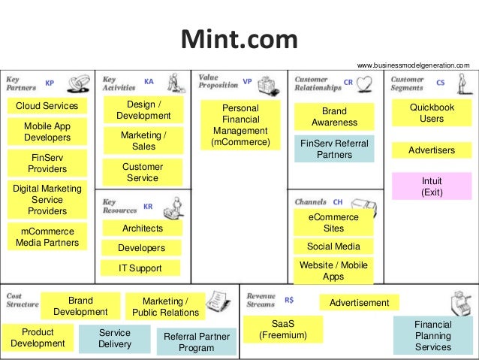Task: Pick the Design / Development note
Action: pos(143,110)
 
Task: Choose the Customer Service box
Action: pos(143,172)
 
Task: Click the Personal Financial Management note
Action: pos(241,125)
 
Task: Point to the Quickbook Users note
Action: pos(432,113)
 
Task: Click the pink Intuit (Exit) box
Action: pos(432,186)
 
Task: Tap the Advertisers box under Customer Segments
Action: pos(432,150)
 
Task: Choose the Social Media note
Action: pos(333,246)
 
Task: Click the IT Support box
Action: pos(140,268)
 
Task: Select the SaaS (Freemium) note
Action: pos(283,329)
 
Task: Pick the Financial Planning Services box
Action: pos(432,335)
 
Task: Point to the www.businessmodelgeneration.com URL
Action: pos(413,66)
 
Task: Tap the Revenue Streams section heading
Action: pos(260,300)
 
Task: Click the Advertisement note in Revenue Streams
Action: pos(359,302)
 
